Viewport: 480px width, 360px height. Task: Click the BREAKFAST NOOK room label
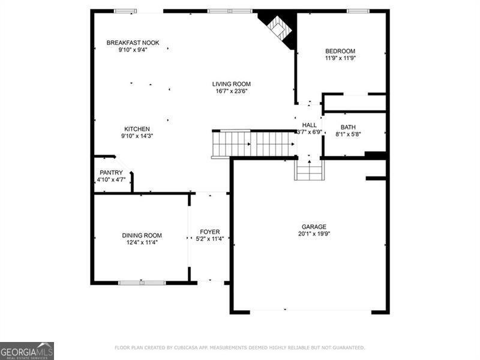tap(133, 43)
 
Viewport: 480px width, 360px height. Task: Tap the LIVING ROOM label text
tap(231, 84)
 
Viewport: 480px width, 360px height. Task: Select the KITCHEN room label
tap(137, 129)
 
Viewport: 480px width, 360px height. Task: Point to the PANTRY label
tap(111, 172)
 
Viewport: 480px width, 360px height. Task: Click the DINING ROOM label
tap(142, 235)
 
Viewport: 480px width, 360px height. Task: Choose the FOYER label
tap(209, 232)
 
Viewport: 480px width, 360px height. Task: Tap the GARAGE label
tap(314, 227)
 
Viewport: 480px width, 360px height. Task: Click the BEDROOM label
tap(340, 51)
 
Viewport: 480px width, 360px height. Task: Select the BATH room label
tap(347, 127)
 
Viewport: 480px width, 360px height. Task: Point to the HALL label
tap(309, 125)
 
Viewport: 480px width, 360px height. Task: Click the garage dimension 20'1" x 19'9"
tap(314, 234)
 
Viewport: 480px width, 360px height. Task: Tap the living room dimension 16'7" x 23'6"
tap(231, 91)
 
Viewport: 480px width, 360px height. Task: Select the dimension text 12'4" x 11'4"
tap(142, 242)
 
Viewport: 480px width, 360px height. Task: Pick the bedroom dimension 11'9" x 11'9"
tap(340, 58)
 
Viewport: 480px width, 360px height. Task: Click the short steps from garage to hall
tap(309, 170)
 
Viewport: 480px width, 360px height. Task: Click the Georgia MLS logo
tap(27, 350)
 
